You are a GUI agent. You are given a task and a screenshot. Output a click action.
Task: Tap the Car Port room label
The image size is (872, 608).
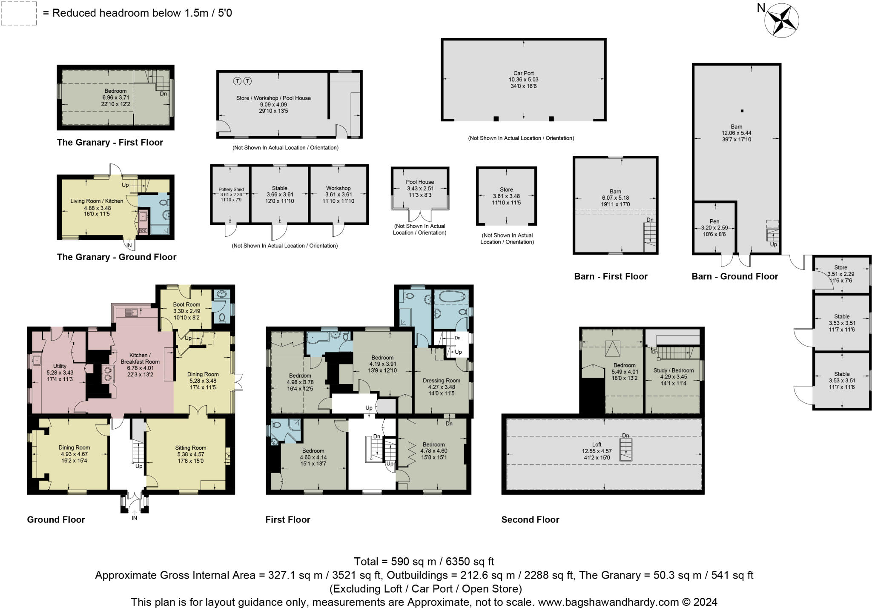tap(523, 73)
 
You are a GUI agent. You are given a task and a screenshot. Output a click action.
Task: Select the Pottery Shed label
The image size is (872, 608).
tap(231, 189)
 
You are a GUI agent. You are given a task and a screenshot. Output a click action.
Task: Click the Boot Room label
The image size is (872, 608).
tap(186, 304)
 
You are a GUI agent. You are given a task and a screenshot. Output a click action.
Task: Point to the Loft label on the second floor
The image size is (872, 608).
tap(597, 445)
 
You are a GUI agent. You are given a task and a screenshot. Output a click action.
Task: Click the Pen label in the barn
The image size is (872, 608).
tap(714, 221)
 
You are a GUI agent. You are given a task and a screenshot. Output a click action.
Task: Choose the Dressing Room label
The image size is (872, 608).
tap(442, 381)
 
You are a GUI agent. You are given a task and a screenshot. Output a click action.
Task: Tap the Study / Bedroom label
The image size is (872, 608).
tap(674, 370)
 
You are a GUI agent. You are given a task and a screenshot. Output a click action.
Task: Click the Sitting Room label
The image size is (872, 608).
tap(191, 447)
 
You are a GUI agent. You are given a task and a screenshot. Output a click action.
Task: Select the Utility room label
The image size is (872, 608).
tap(60, 366)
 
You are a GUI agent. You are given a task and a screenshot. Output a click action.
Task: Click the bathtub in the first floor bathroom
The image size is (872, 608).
tap(453, 296)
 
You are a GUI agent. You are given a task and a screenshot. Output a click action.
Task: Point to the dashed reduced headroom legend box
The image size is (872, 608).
tap(18, 13)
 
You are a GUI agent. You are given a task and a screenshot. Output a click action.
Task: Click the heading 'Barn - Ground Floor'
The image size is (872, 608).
tap(735, 276)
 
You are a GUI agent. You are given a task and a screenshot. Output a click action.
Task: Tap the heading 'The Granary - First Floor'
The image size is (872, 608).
tap(110, 143)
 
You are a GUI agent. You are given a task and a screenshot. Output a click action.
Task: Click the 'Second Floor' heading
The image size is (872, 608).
tap(530, 519)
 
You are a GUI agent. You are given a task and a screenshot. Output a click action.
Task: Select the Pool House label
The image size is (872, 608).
tap(420, 182)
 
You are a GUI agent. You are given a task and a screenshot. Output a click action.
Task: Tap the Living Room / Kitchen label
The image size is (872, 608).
tap(97, 201)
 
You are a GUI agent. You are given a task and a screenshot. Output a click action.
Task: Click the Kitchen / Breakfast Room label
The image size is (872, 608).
tap(140, 358)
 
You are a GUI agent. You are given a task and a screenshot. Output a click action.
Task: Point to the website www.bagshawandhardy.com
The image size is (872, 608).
tap(608, 602)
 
